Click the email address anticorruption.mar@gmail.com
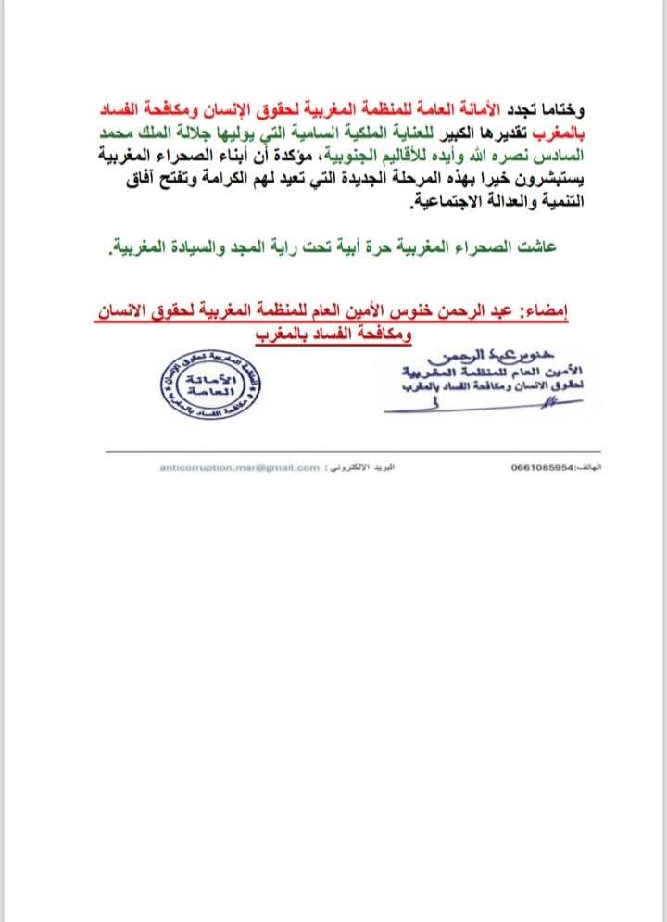[x=239, y=469]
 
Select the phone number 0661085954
[x=541, y=469]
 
